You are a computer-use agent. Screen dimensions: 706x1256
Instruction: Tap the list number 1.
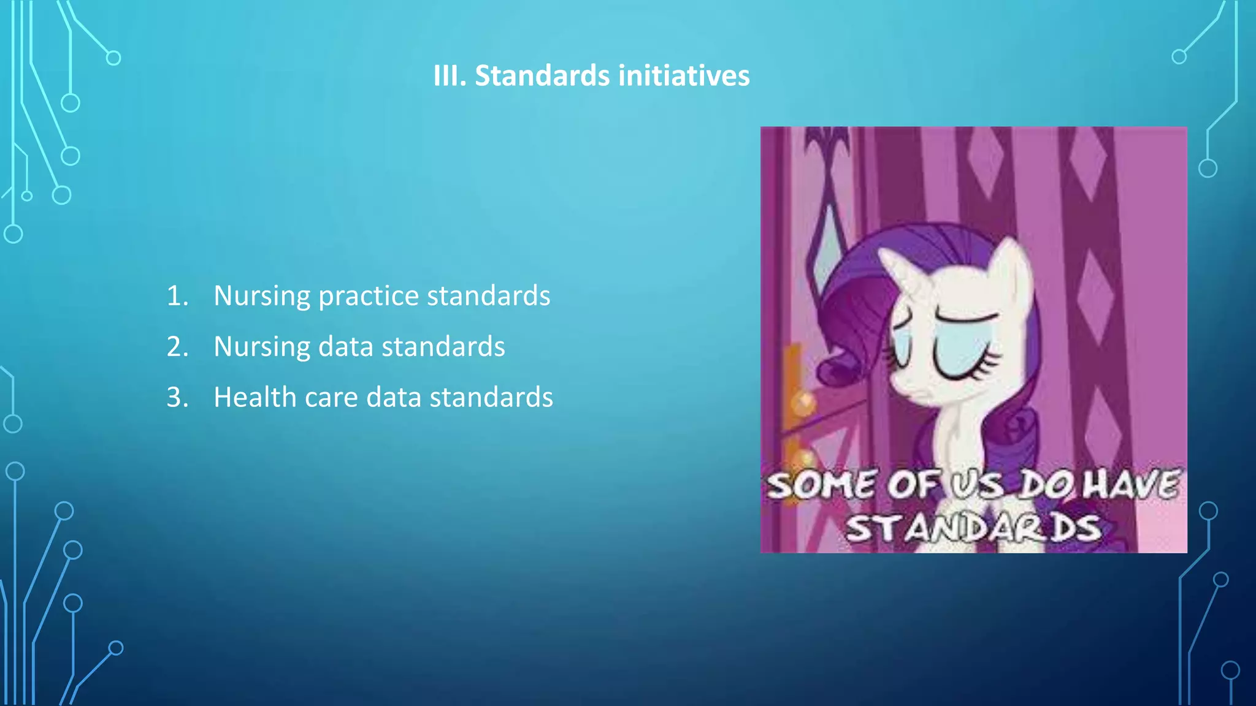(177, 296)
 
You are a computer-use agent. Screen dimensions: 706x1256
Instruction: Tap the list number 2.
(177, 347)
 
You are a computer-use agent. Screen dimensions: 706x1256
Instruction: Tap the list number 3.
(177, 398)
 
